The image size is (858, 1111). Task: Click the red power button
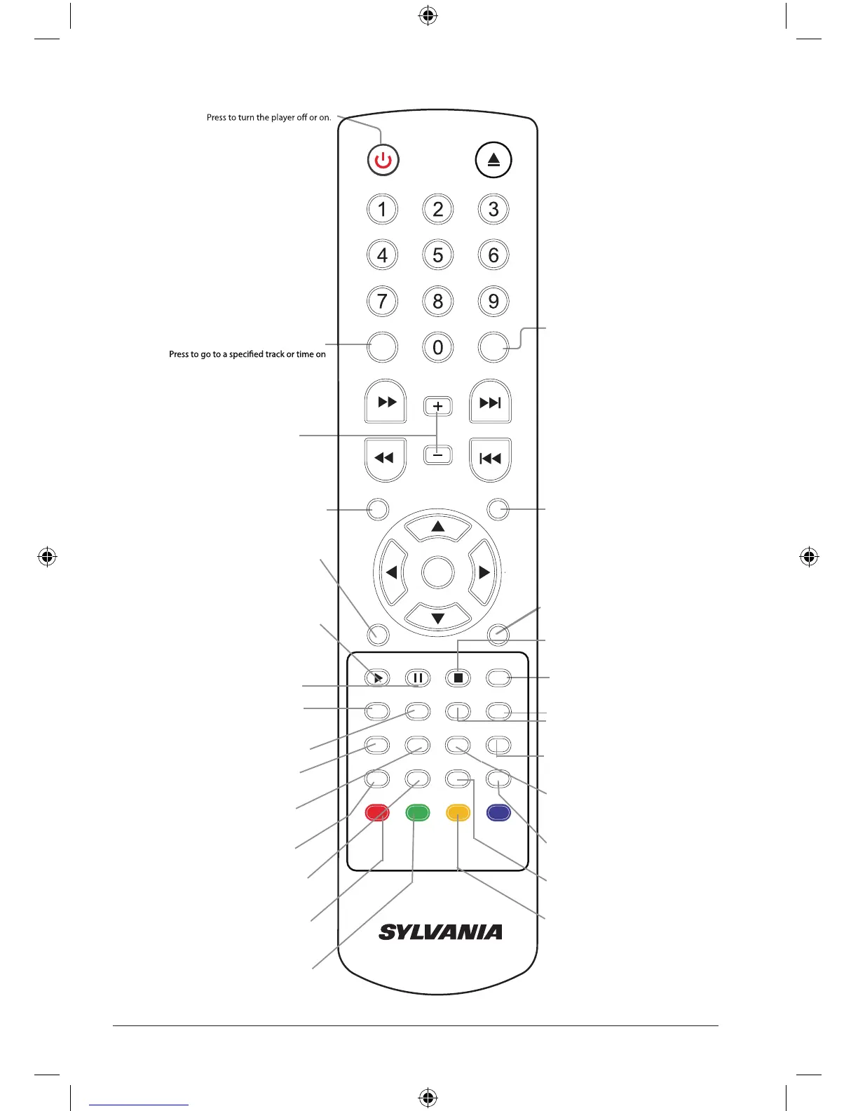(383, 160)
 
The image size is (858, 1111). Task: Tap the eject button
(493, 160)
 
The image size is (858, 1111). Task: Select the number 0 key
(438, 347)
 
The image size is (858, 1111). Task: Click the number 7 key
(382, 302)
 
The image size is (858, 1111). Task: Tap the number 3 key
(493, 209)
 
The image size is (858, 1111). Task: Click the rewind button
(385, 459)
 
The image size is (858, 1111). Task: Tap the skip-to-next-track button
(490, 402)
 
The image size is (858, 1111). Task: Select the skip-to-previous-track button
(490, 459)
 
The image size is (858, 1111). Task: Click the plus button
(438, 406)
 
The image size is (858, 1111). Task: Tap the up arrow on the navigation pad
(438, 527)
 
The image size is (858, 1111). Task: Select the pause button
(418, 678)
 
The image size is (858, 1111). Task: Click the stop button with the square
(458, 678)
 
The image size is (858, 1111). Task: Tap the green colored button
(418, 813)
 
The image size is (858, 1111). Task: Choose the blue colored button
(498, 813)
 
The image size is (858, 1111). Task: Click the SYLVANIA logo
(440, 932)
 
